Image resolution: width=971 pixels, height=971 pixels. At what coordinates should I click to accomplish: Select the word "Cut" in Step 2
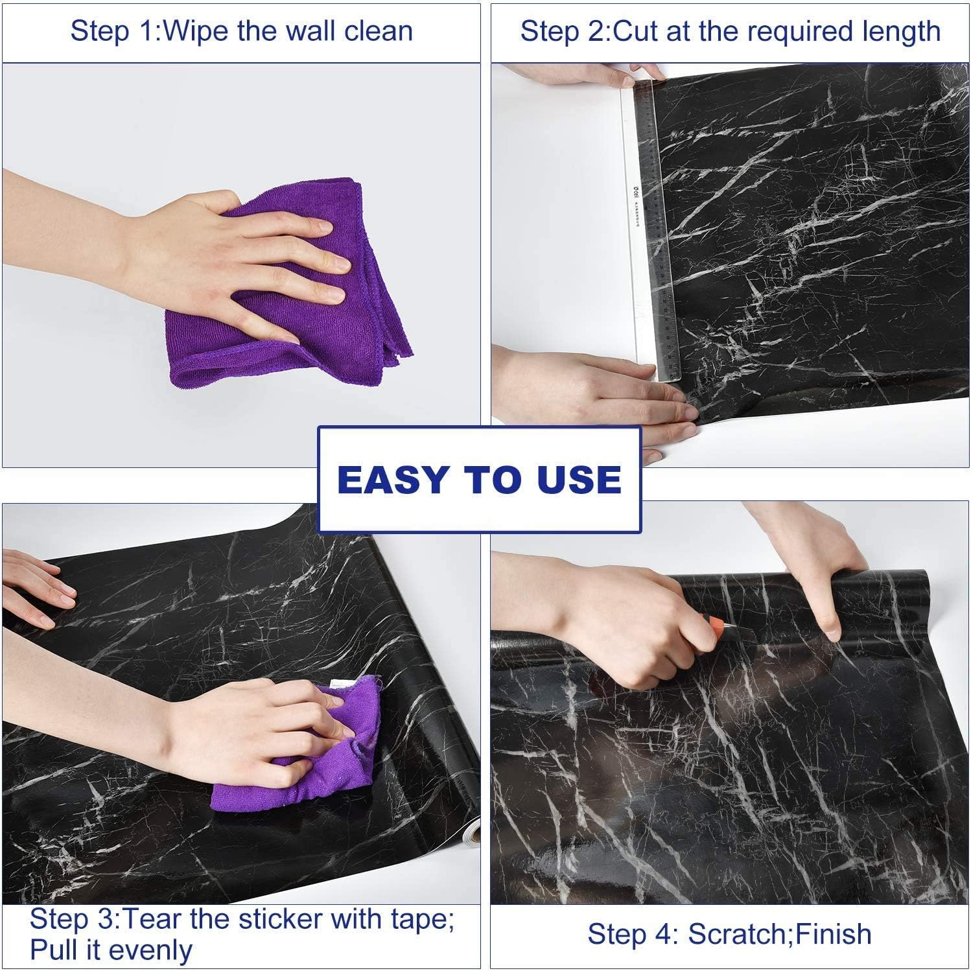click(637, 31)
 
